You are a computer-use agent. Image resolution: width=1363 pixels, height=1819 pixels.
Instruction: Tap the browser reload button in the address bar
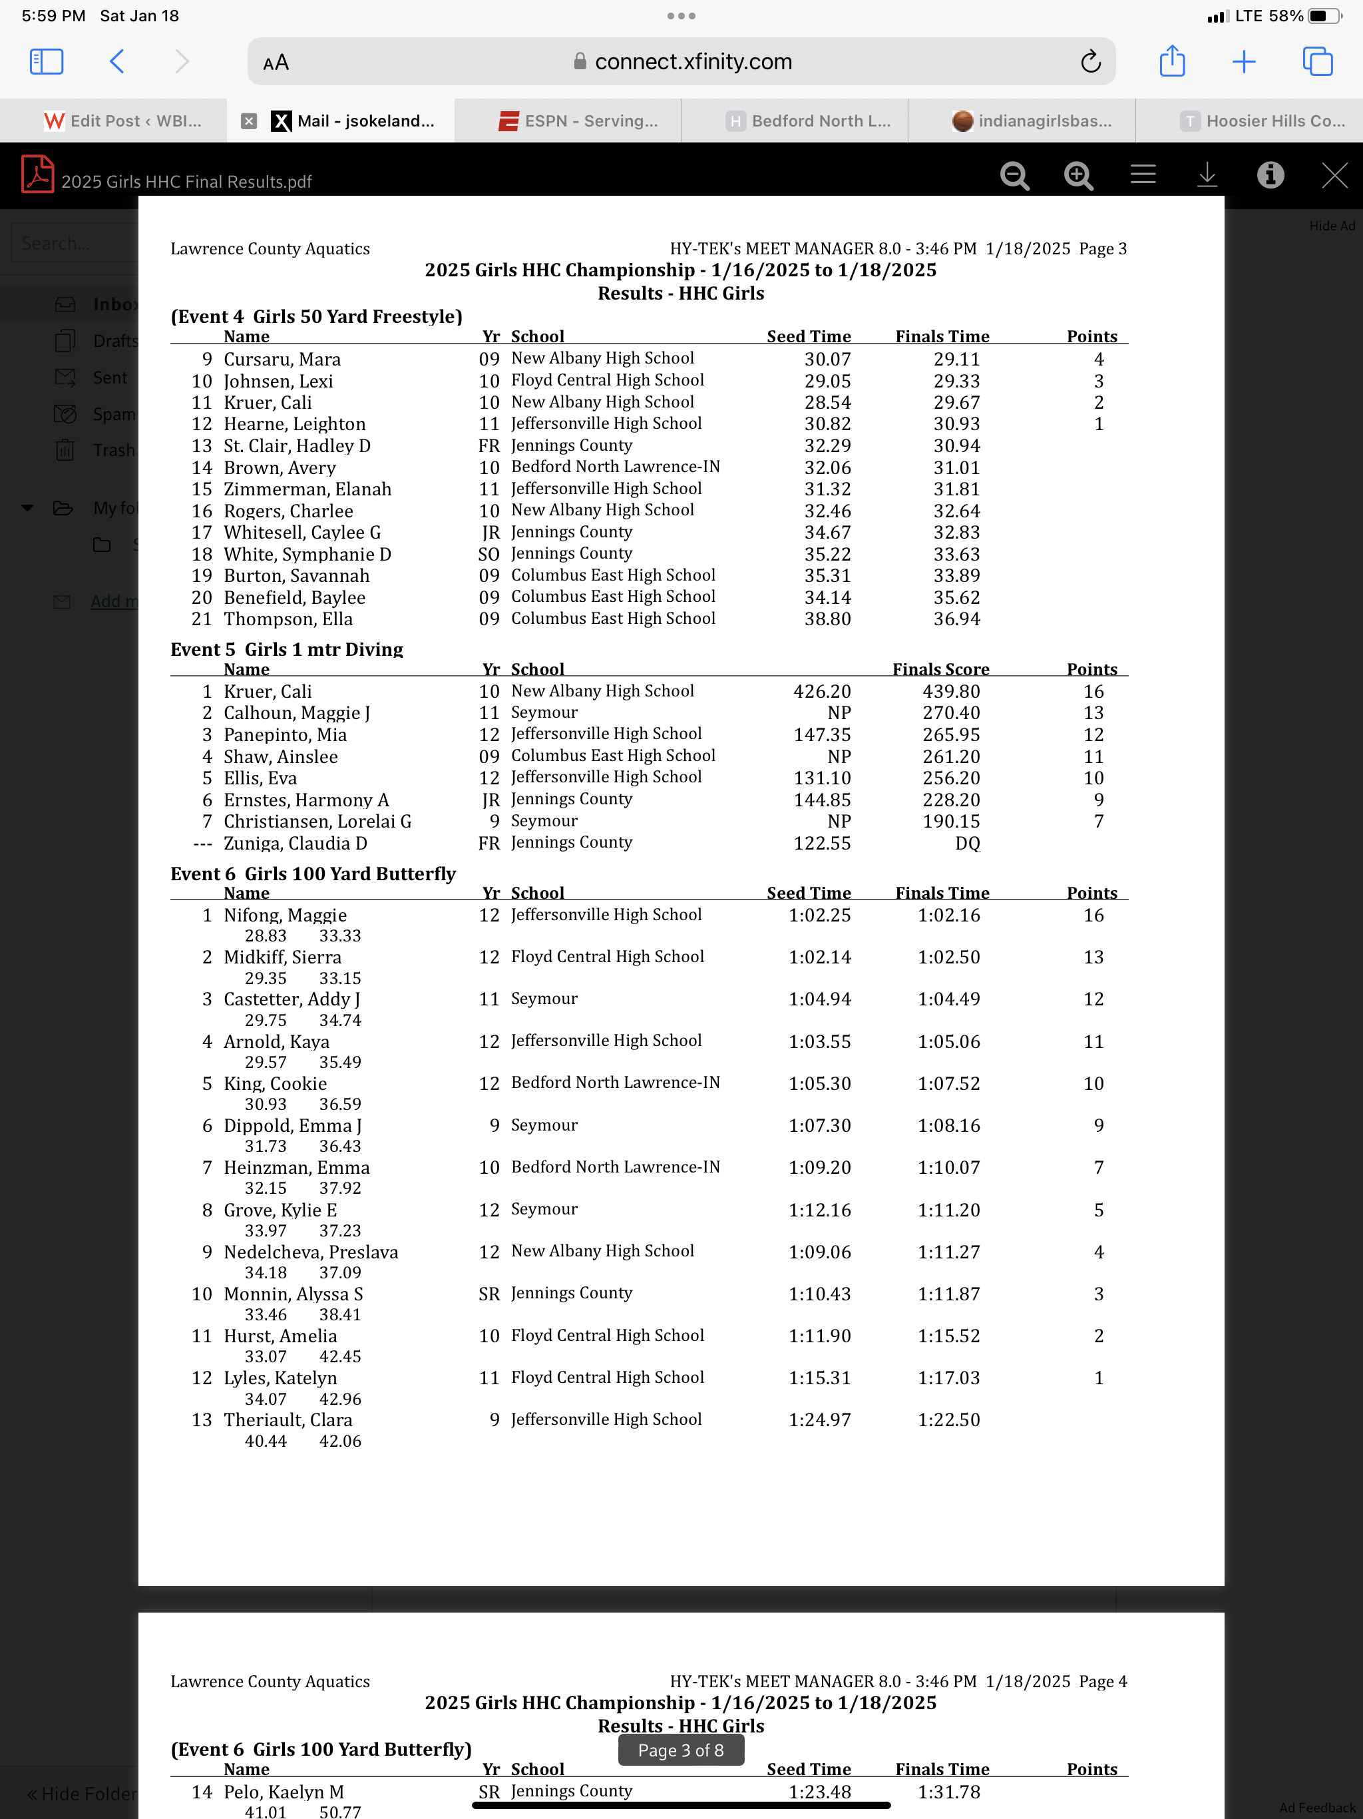(1090, 62)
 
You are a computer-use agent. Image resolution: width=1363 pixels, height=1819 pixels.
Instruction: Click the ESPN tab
(579, 121)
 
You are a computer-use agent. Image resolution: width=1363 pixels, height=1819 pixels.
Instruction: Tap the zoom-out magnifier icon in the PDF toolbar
(1014, 175)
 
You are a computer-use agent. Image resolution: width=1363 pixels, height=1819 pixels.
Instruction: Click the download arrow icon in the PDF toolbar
(1206, 175)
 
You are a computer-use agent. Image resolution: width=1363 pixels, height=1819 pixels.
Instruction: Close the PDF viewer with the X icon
(1334, 175)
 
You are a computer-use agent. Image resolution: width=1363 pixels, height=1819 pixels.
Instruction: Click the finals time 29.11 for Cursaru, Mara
(956, 360)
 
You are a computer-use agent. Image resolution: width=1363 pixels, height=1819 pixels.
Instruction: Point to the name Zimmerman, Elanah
(307, 489)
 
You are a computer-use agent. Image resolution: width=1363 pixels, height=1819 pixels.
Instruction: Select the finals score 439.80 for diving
(950, 692)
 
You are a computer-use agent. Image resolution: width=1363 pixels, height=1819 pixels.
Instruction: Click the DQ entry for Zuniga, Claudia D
(967, 843)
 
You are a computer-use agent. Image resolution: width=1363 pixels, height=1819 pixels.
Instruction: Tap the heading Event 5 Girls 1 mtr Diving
(287, 650)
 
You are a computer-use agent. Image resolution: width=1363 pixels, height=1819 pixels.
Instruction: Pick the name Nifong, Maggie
(286, 915)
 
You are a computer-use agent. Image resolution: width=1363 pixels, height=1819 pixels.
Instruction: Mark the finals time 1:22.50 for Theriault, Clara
(948, 1420)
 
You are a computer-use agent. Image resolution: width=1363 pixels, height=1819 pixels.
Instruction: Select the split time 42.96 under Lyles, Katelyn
(339, 1399)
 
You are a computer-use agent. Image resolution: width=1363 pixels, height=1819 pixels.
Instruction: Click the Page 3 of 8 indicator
(681, 1750)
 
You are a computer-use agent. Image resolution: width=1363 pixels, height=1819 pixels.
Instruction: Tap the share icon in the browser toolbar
(1171, 62)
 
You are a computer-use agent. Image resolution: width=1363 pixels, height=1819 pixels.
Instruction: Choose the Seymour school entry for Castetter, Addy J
(544, 999)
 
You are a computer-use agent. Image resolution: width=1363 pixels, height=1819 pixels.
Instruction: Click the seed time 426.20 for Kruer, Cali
(821, 692)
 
